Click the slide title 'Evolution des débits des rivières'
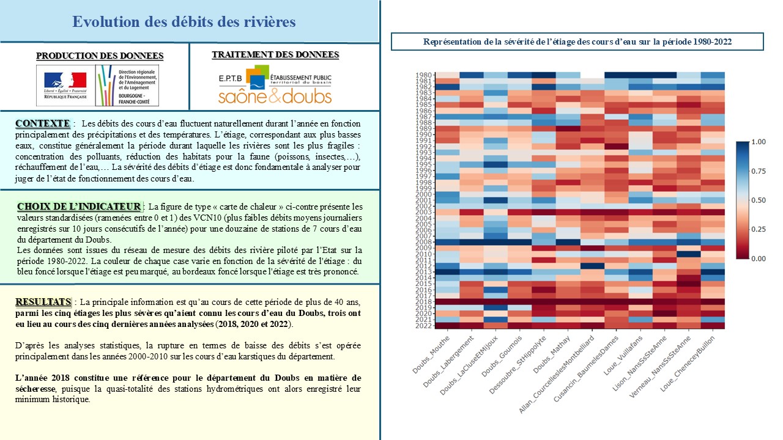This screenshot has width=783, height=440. [184, 22]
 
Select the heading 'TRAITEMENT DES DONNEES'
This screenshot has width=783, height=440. [275, 55]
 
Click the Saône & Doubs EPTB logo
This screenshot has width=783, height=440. [275, 86]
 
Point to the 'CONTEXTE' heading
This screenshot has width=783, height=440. [42, 124]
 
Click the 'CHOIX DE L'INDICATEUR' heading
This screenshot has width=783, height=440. [79, 206]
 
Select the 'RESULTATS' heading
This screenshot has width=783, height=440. [43, 302]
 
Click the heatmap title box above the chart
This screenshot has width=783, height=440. [577, 42]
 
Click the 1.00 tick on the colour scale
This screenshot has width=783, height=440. [758, 142]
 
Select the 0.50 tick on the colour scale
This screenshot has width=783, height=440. [758, 200]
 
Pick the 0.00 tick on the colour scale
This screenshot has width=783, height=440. [758, 259]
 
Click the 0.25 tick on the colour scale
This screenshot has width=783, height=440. [758, 230]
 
